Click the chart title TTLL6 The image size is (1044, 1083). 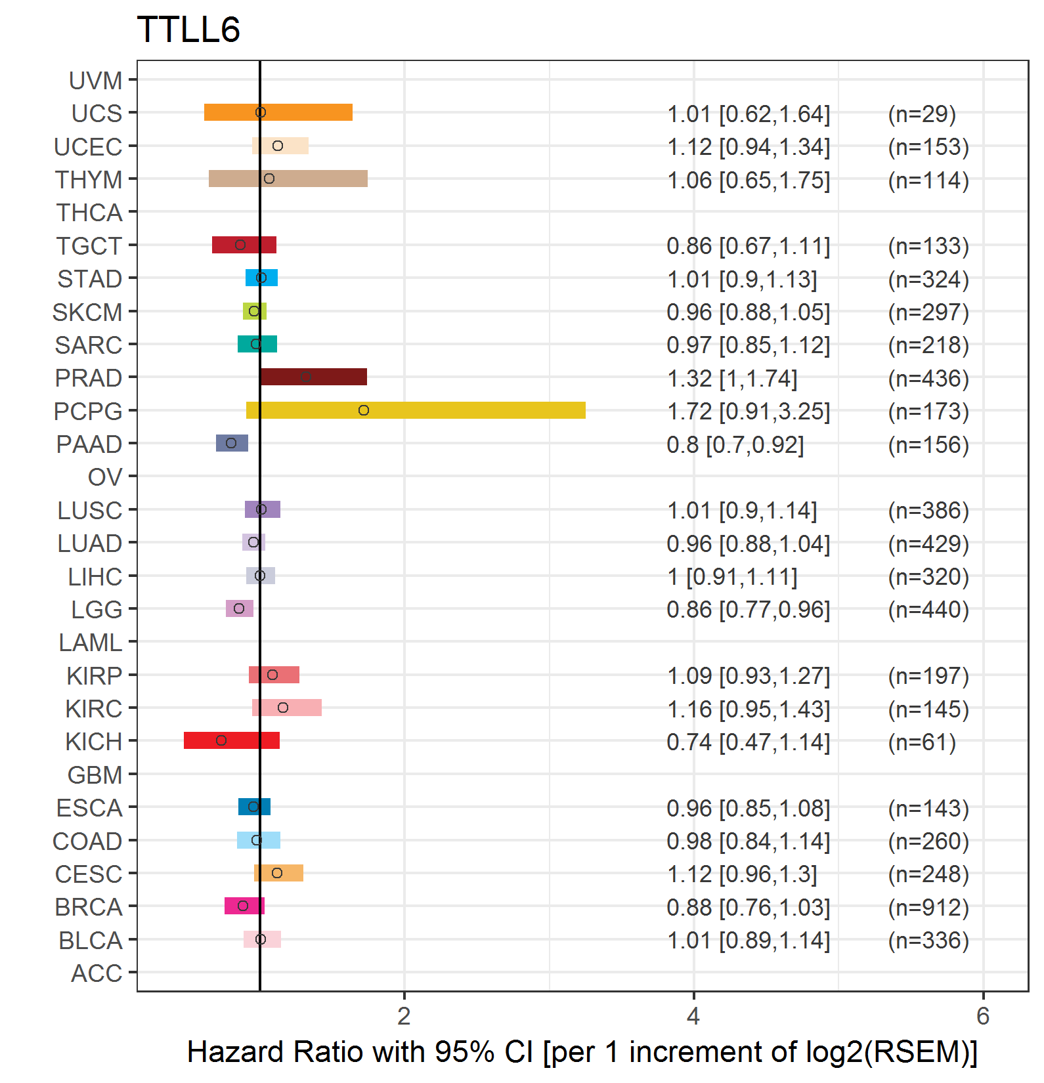(188, 30)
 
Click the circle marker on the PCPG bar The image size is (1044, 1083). (364, 410)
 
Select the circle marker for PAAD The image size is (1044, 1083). (231, 443)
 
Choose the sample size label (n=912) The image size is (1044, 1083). (928, 907)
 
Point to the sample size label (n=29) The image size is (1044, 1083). (922, 114)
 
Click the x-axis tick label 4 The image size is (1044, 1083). (693, 1016)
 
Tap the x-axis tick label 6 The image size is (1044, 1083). (983, 1016)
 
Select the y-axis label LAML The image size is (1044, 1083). (91, 643)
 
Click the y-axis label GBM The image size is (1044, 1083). (95, 775)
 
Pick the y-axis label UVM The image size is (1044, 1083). (96, 81)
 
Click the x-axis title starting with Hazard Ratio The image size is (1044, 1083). (582, 1052)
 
